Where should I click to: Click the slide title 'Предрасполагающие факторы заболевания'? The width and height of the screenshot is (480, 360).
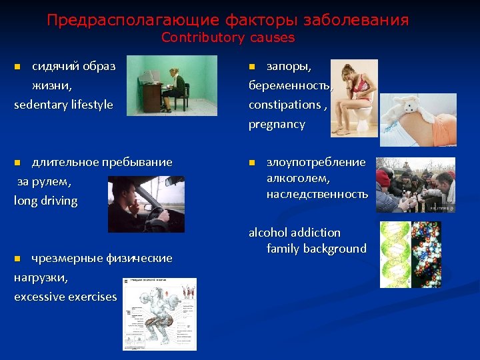[x=228, y=20]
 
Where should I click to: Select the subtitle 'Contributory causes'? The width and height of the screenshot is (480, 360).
[x=228, y=37]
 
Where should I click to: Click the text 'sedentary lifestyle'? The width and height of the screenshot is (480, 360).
[x=63, y=105]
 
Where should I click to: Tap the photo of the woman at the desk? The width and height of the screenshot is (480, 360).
[x=172, y=85]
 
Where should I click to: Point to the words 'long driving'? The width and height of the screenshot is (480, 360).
[x=45, y=201]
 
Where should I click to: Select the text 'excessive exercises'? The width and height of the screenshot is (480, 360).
[x=65, y=297]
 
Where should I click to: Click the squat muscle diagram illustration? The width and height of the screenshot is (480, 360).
[x=159, y=313]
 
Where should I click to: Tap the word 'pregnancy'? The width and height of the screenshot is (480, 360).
[x=277, y=124]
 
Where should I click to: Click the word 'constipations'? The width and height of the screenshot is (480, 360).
[x=285, y=105]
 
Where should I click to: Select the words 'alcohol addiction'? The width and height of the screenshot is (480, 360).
[x=295, y=233]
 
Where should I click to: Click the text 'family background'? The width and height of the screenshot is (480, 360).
[x=317, y=249]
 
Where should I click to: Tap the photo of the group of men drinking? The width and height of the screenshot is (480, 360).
[x=415, y=185]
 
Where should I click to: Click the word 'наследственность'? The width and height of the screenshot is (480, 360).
[x=317, y=194]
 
